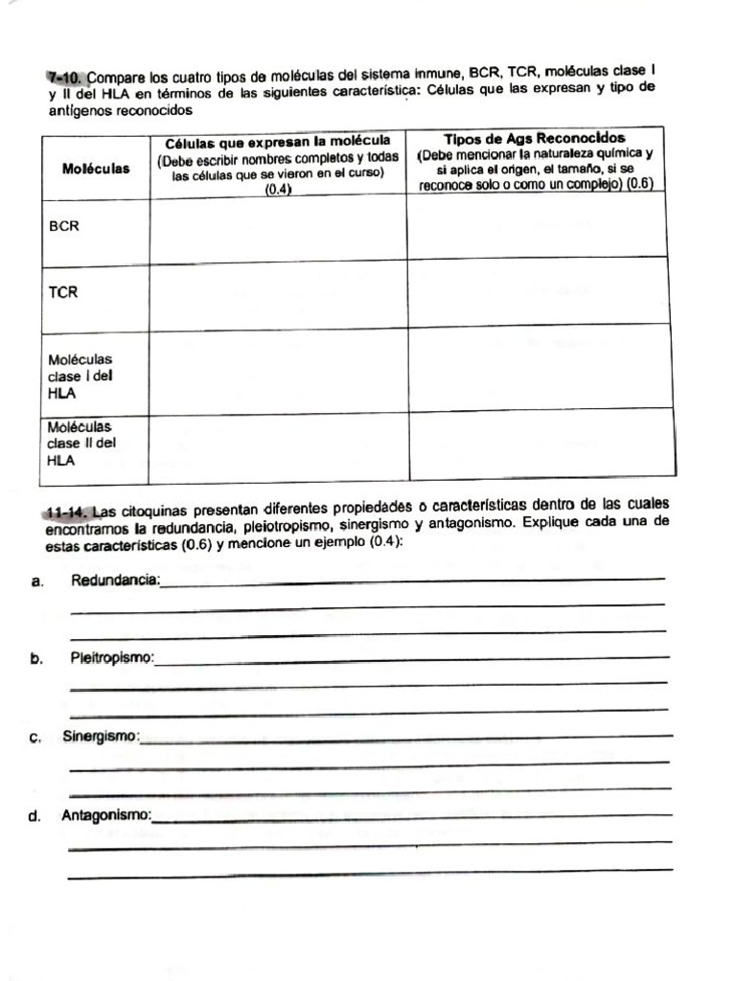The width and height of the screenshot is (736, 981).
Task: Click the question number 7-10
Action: (66, 76)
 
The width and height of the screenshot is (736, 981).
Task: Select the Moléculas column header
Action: (96, 169)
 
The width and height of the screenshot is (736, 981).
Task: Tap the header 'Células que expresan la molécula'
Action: (278, 141)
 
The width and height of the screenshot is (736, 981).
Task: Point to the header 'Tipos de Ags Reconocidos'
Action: (535, 139)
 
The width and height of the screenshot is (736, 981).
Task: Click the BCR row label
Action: (64, 227)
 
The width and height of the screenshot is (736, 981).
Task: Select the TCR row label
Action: (63, 292)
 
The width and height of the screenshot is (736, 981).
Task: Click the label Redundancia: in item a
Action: (116, 581)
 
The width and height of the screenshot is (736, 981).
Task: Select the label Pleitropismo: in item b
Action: (112, 659)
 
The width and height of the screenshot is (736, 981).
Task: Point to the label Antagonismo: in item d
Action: (106, 816)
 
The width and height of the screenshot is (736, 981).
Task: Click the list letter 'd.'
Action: (35, 817)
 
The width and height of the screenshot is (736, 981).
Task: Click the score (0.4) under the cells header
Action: (278, 189)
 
